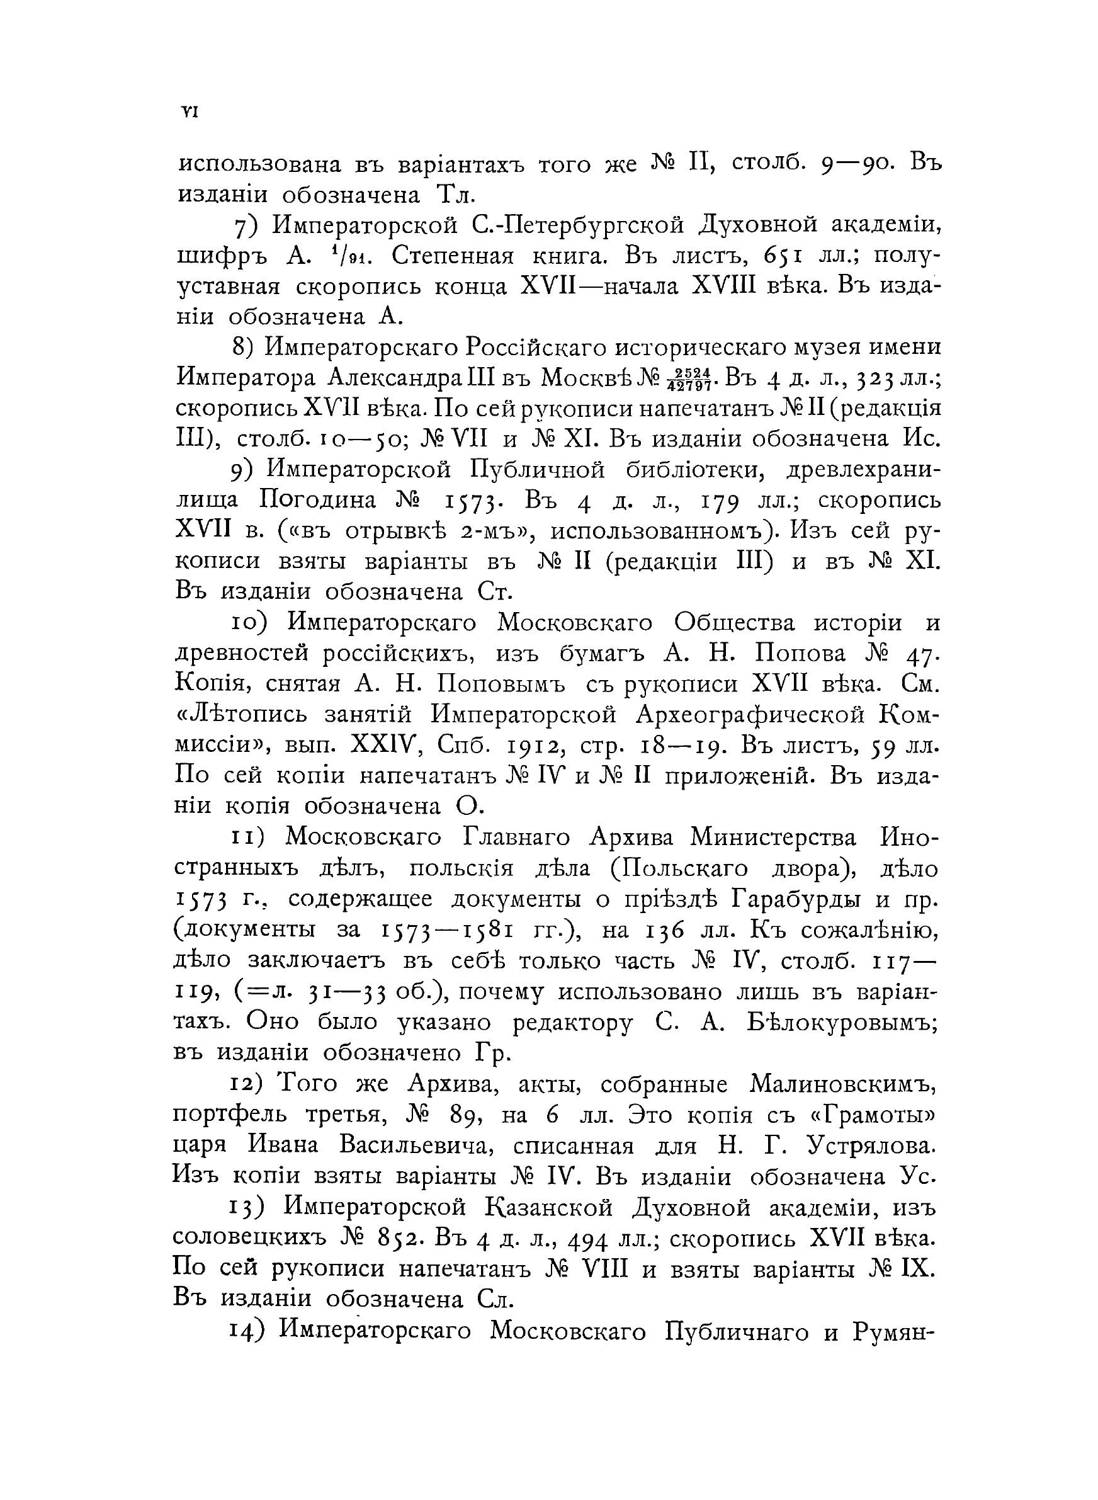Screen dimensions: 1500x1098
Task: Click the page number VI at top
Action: tap(188, 112)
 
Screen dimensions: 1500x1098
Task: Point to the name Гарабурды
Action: tap(798, 900)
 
